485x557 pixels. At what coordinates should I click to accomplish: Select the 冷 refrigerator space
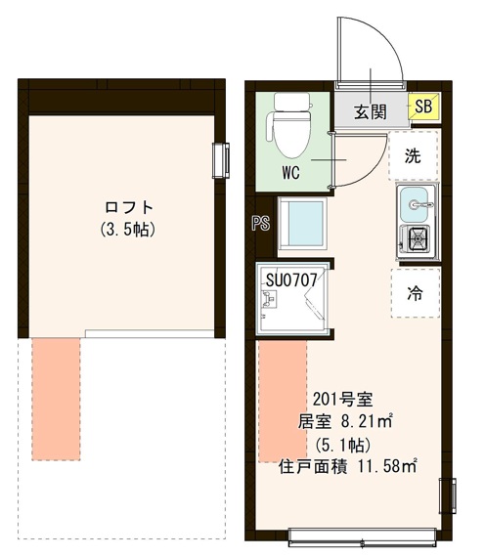414,292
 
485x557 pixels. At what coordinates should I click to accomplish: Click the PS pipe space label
260,224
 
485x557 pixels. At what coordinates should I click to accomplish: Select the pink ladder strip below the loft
56,398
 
